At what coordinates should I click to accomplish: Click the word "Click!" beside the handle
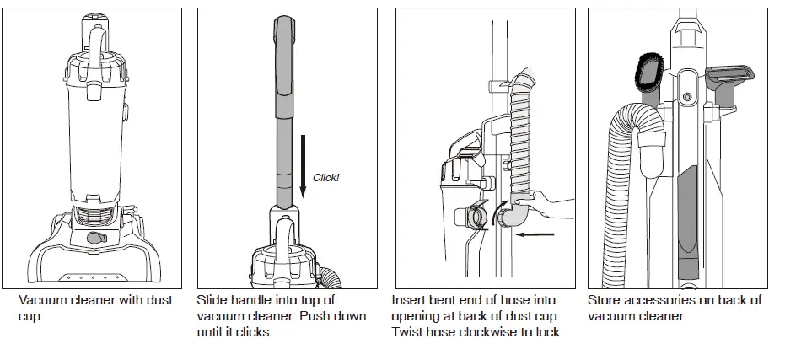point(325,178)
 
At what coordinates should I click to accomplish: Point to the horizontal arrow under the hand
point(534,233)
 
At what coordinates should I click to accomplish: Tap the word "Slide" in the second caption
point(212,300)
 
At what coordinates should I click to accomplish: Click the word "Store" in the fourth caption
point(605,300)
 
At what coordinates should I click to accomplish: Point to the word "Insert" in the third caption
point(410,300)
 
